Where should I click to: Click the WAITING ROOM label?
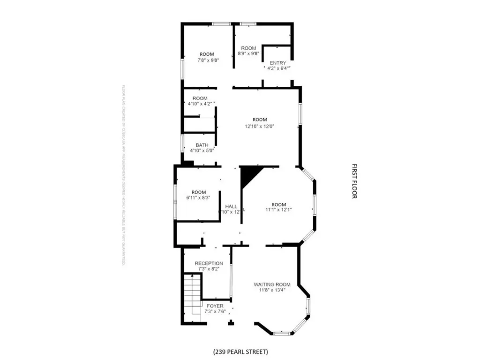pos(272,284)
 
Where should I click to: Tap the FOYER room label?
pos(215,306)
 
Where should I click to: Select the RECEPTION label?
pos(209,263)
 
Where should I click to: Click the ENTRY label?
pos(277,63)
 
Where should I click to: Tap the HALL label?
pos(231,206)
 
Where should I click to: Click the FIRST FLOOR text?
pos(354,181)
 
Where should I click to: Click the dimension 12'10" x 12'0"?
pos(259,126)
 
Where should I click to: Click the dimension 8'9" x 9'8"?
pos(248,54)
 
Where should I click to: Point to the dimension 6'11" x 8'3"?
pos(198,198)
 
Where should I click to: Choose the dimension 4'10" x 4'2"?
pos(200,104)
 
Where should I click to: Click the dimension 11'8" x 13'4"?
pos(272,290)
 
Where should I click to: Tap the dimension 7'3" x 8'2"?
pos(209,269)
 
